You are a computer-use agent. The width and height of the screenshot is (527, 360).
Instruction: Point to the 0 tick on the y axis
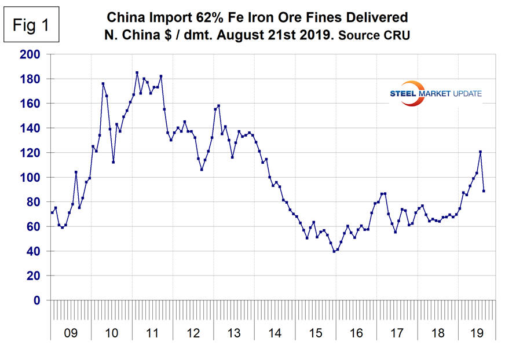[x=38, y=300]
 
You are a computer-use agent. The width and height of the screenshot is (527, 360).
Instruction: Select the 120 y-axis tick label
[x=32, y=153]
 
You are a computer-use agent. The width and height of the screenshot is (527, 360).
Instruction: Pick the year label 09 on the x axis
[x=71, y=334]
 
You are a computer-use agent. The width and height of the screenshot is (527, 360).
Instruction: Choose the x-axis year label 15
[x=316, y=334]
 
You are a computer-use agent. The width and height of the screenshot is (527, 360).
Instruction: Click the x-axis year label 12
[x=193, y=334]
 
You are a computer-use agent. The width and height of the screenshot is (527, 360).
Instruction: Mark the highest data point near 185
[x=137, y=73]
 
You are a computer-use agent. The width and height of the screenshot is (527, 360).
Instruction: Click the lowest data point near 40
[x=334, y=251]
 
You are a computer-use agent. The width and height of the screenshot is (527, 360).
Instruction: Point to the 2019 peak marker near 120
[x=480, y=152]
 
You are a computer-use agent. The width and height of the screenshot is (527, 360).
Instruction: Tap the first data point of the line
[x=52, y=212]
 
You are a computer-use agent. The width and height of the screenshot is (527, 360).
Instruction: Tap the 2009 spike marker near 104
[x=76, y=172]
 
